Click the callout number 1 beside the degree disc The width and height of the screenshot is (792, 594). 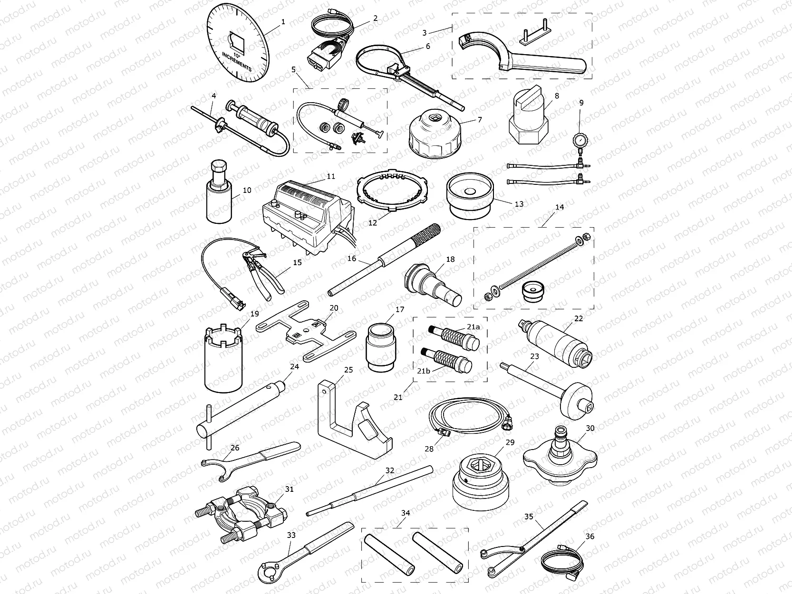283,21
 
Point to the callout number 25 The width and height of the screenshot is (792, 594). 348,370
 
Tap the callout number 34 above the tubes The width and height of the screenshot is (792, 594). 406,513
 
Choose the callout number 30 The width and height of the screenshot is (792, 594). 590,428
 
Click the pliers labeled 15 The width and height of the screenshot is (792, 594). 264,271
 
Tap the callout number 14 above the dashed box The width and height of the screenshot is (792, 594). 560,207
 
